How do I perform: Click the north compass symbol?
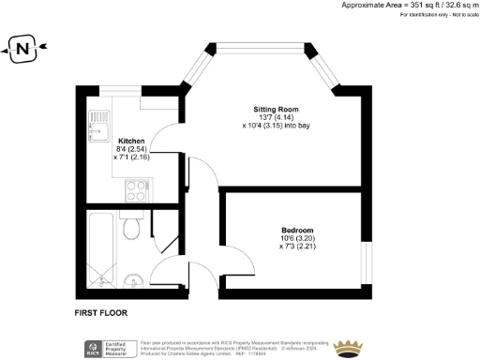pyautogui.click(x=21, y=50)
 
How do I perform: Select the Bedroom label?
pyautogui.click(x=297, y=231)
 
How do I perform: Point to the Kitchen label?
pyautogui.click(x=131, y=141)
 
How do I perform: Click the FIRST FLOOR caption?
pyautogui.click(x=100, y=312)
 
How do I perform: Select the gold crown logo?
pyautogui.click(x=349, y=347)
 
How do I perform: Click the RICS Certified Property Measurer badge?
pyautogui.click(x=106, y=348)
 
